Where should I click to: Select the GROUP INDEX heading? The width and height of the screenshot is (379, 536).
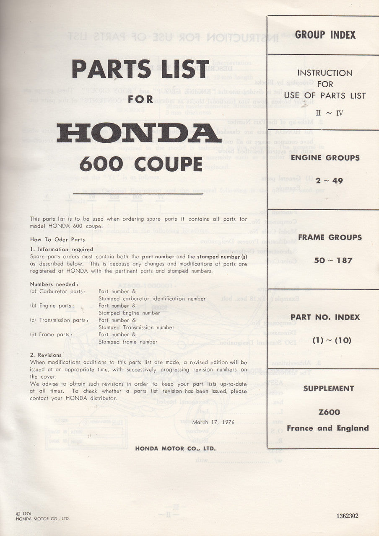click(325, 35)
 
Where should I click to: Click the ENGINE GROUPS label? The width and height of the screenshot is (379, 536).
click(325, 158)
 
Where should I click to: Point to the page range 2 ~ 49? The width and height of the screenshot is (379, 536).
click(325, 181)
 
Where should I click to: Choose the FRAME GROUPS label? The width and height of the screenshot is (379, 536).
click(330, 237)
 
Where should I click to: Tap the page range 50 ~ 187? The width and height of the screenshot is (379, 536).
click(333, 260)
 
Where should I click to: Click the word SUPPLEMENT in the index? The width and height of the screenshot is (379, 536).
click(328, 388)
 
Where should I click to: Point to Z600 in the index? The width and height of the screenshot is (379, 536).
click(328, 412)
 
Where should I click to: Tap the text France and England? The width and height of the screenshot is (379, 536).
click(328, 428)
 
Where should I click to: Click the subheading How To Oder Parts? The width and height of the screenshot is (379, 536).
click(57, 240)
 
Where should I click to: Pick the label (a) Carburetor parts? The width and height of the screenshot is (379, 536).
click(58, 291)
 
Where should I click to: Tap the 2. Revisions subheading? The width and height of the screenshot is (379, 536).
click(46, 355)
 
